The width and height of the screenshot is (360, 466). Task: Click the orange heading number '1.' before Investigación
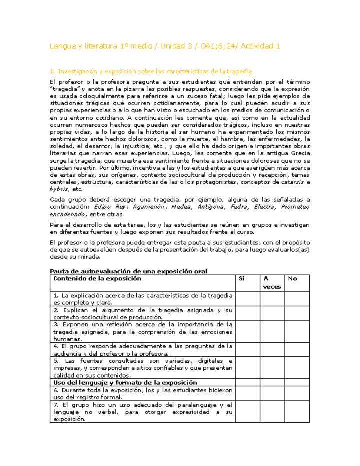coord(52,72)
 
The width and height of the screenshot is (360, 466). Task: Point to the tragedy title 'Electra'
coord(263,207)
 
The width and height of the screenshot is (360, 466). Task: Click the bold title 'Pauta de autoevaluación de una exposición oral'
coord(129,271)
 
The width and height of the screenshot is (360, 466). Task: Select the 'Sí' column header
coord(242,279)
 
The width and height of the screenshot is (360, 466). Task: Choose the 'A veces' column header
coord(272,283)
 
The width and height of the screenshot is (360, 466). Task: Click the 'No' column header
coord(292,279)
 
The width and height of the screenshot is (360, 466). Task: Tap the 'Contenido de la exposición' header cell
coord(97,279)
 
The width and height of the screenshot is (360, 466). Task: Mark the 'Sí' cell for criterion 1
coord(247,299)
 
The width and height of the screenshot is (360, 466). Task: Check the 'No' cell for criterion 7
coord(297,412)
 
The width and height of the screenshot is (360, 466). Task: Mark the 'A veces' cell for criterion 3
coord(272,331)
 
